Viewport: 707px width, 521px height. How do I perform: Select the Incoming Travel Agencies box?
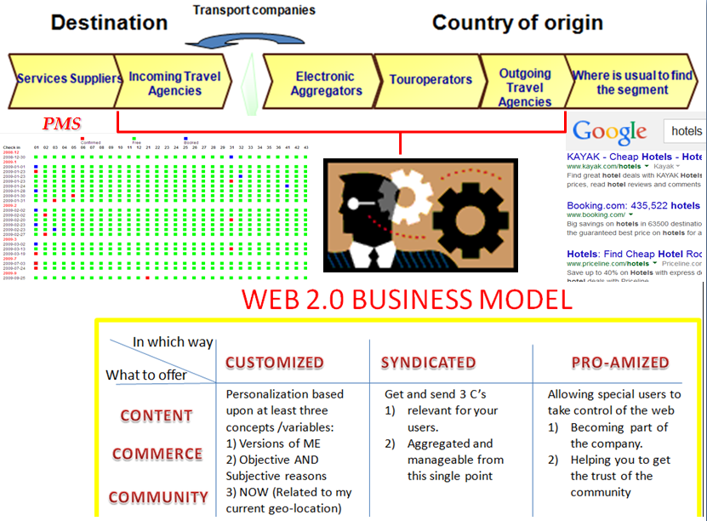[x=174, y=83]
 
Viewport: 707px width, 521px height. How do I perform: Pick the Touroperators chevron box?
[x=430, y=80]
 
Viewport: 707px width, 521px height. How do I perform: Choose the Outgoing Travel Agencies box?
[x=524, y=86]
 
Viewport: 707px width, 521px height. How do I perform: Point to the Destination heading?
[x=109, y=22]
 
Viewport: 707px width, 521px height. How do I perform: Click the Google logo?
[x=610, y=132]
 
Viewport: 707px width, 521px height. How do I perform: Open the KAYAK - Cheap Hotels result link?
[x=635, y=157]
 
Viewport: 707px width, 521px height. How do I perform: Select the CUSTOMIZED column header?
[x=274, y=363]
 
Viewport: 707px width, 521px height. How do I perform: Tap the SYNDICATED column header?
[x=429, y=363]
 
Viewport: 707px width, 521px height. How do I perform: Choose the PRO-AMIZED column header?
[x=620, y=363]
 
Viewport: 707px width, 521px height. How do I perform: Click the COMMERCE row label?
[x=157, y=455]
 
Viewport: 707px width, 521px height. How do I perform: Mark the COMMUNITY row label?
[x=157, y=497]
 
